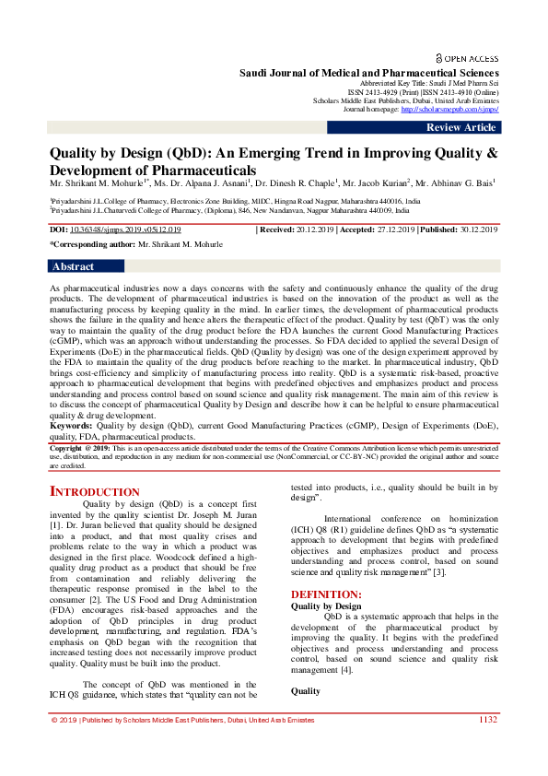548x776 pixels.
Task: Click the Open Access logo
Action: pos(467,56)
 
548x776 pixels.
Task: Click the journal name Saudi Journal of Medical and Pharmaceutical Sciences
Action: pos(369,73)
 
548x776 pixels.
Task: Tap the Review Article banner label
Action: pos(461,127)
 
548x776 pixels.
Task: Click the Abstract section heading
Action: pos(74,266)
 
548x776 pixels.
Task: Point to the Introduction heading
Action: pos(95,491)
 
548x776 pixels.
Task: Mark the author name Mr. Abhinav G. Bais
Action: pos(452,182)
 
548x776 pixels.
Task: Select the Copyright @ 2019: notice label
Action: pos(83,446)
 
